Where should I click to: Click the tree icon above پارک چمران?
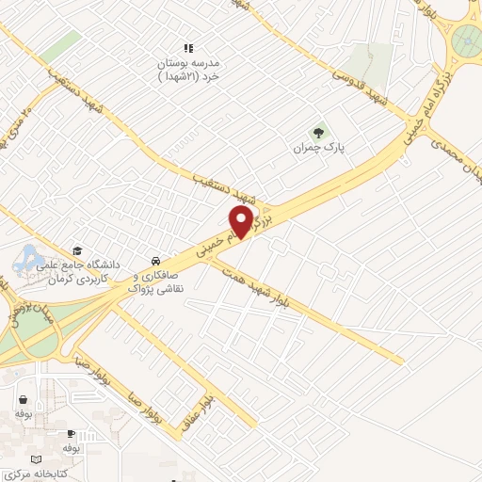click(x=316, y=132)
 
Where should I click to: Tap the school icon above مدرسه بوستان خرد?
click(x=188, y=47)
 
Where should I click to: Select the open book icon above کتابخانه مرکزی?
click(x=37, y=457)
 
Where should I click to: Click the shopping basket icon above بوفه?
click(x=23, y=399)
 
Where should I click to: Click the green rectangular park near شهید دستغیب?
click(x=60, y=46)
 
